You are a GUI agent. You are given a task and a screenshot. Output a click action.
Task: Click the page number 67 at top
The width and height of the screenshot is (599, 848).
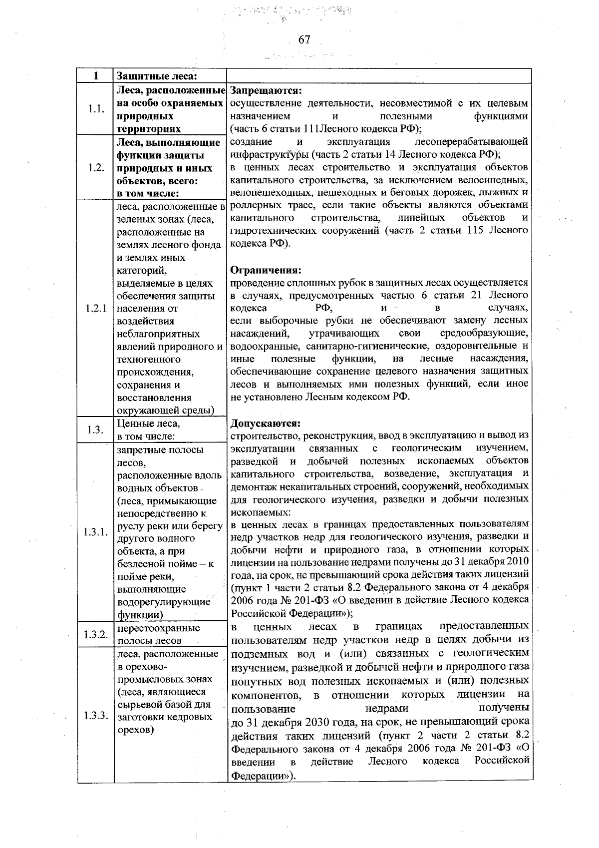tap(304, 40)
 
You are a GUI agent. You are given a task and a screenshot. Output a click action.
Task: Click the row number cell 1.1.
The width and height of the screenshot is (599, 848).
tap(95, 109)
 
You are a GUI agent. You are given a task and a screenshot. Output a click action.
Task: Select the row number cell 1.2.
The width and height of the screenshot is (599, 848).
tap(95, 168)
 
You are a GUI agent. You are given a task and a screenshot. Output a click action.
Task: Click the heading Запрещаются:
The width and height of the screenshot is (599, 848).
tap(265, 91)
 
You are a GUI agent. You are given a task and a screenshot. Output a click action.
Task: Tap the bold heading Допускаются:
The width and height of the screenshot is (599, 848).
tap(266, 424)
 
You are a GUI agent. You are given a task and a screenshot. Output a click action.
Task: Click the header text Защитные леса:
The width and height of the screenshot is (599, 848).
tap(155, 76)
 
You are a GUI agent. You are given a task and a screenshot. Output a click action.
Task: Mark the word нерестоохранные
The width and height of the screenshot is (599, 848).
tap(158, 628)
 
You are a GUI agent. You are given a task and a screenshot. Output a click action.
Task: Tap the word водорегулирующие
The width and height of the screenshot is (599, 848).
tap(163, 602)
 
